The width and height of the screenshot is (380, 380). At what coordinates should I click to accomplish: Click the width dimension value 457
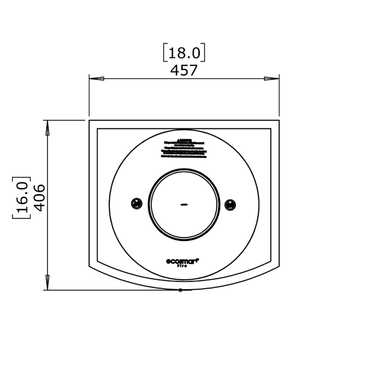pyautogui.click(x=184, y=70)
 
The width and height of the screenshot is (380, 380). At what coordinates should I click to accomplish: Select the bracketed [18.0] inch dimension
pyautogui.click(x=184, y=53)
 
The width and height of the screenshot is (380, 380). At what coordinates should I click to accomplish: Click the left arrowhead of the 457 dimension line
pyautogui.click(x=96, y=79)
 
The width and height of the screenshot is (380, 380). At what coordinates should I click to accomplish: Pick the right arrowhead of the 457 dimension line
pyautogui.click(x=272, y=79)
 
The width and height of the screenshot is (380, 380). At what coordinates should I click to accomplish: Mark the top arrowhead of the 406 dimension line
pyautogui.click(x=47, y=127)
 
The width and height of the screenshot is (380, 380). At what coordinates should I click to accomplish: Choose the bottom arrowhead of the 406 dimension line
pyautogui.click(x=47, y=282)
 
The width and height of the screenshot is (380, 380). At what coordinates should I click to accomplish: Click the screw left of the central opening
pyautogui.click(x=137, y=204)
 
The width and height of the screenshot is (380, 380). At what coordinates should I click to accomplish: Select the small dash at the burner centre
pyautogui.click(x=184, y=204)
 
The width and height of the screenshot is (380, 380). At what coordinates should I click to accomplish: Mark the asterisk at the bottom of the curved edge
pyautogui.click(x=180, y=290)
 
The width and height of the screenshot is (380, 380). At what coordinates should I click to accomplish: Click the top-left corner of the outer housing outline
pyautogui.click(x=89, y=121)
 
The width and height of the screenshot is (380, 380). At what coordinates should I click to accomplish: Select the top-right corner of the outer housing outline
pyautogui.click(x=279, y=121)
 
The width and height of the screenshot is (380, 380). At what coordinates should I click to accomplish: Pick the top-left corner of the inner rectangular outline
pyautogui.click(x=97, y=128)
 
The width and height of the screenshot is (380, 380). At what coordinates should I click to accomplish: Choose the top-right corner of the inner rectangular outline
pyautogui.click(x=271, y=128)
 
